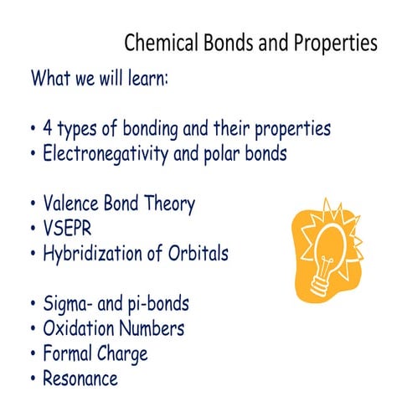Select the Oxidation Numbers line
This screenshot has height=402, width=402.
pyautogui.click(x=113, y=327)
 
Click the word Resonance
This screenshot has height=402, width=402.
pyautogui.click(x=80, y=378)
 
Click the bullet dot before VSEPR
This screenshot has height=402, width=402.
pyautogui.click(x=32, y=229)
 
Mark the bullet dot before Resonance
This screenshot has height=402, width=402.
pyautogui.click(x=32, y=379)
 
